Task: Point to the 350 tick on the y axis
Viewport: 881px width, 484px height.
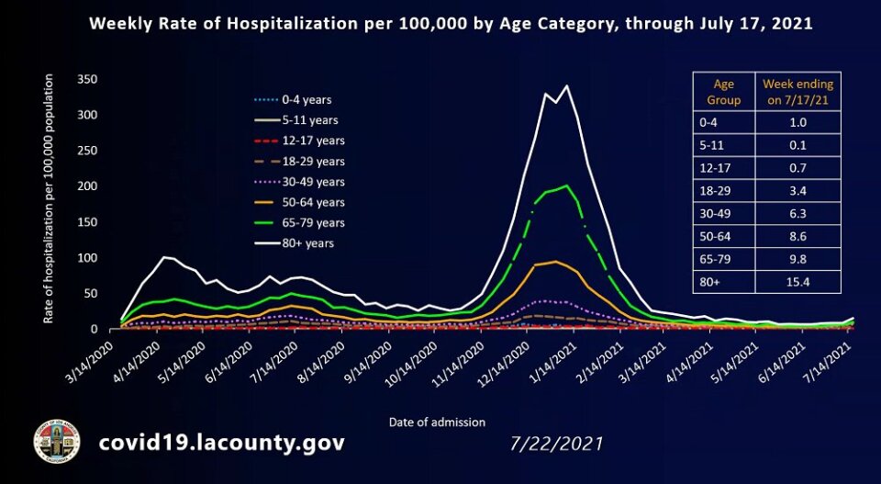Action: pyautogui.click(x=88, y=80)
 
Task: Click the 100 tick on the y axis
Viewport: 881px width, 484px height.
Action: pyautogui.click(x=88, y=258)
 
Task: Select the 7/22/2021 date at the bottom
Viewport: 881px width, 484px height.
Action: pyautogui.click(x=556, y=444)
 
